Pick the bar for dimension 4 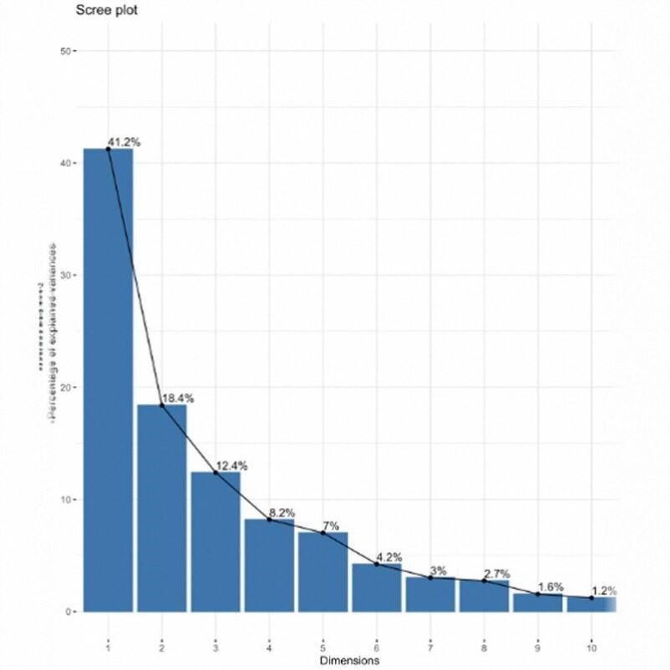coord(269,565)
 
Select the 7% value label coord(330,525)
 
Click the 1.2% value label coord(602,591)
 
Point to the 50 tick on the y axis coord(64,51)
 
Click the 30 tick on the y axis coord(64,276)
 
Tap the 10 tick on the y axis coord(64,500)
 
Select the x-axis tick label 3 coord(216,646)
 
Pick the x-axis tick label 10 coord(591,646)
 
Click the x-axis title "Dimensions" coord(349,660)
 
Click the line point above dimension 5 coord(323,533)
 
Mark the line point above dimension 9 coord(537,594)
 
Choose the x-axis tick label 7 coord(430,646)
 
